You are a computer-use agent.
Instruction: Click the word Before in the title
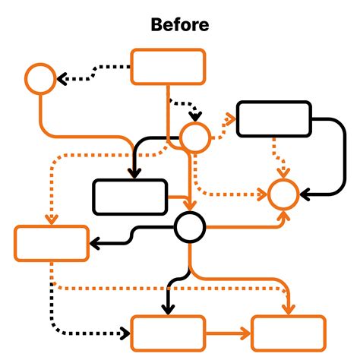point(180,25)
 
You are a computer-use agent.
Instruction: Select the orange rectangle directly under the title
point(169,67)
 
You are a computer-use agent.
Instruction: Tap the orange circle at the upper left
point(40,78)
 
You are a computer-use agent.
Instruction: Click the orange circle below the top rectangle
point(194,137)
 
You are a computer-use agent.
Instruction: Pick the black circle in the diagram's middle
point(189,227)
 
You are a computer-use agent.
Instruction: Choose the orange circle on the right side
point(283,195)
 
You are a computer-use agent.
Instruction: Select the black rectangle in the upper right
point(274,118)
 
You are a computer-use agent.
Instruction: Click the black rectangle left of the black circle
point(129,197)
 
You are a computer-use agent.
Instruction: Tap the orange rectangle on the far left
point(52,243)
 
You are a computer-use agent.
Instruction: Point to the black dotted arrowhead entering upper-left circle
point(63,78)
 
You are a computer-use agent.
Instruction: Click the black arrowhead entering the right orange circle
point(305,195)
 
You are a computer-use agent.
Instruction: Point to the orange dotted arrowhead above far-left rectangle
point(52,219)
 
